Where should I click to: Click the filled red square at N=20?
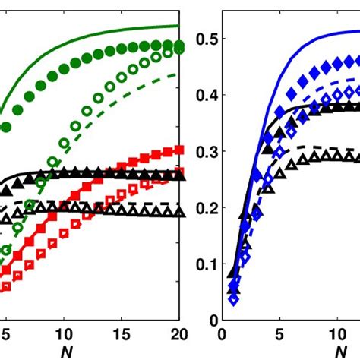178,150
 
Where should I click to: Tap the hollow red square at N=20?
178,172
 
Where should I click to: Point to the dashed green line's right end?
179,74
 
